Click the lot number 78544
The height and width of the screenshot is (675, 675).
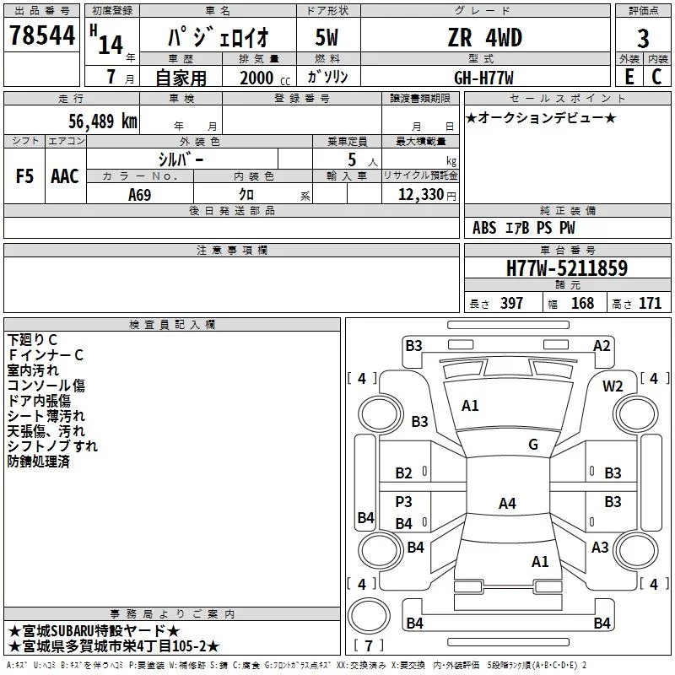(x=42, y=35)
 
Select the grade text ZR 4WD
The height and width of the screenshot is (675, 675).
(x=484, y=37)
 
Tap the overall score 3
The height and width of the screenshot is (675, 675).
(x=643, y=39)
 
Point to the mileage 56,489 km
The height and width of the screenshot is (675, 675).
(x=103, y=121)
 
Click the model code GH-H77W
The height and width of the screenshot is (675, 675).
(x=483, y=78)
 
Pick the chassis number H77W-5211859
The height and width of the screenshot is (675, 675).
(x=567, y=268)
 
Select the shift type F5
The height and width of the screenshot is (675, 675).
(x=24, y=176)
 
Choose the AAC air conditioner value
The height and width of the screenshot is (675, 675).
(x=65, y=176)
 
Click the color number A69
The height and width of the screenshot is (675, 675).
(x=140, y=195)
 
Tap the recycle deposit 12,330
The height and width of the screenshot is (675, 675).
(x=420, y=195)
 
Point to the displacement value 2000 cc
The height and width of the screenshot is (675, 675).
(x=265, y=78)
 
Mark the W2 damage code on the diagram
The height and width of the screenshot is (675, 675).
(x=613, y=386)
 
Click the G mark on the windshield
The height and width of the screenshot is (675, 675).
(x=533, y=445)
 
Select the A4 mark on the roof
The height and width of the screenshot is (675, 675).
(x=507, y=503)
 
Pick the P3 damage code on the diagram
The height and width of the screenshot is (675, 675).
(x=404, y=501)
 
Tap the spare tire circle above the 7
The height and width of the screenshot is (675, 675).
(x=369, y=617)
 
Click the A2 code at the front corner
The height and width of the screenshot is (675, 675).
(x=602, y=346)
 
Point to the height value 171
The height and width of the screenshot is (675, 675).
(x=650, y=303)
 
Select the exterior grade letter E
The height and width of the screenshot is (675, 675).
(x=629, y=77)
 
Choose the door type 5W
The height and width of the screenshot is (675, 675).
(x=327, y=37)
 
